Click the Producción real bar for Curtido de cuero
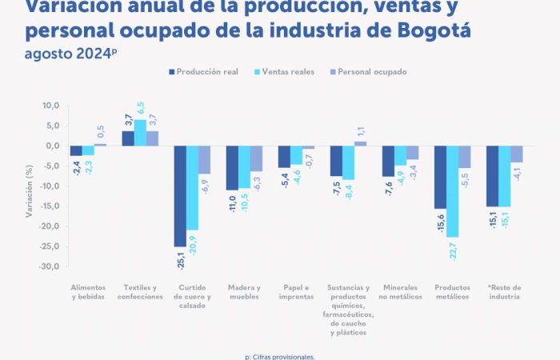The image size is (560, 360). tap(180, 196)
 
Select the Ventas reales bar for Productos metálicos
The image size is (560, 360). tap(452, 191)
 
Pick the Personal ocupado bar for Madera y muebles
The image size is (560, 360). tap(256, 158)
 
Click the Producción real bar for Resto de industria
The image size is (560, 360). tap(492, 176)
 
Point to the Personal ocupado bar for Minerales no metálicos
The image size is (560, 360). tap(412, 153)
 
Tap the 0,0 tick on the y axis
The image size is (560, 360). tap(53, 146)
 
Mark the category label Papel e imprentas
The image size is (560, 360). tap(296, 292)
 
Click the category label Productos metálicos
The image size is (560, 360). tap(453, 292)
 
